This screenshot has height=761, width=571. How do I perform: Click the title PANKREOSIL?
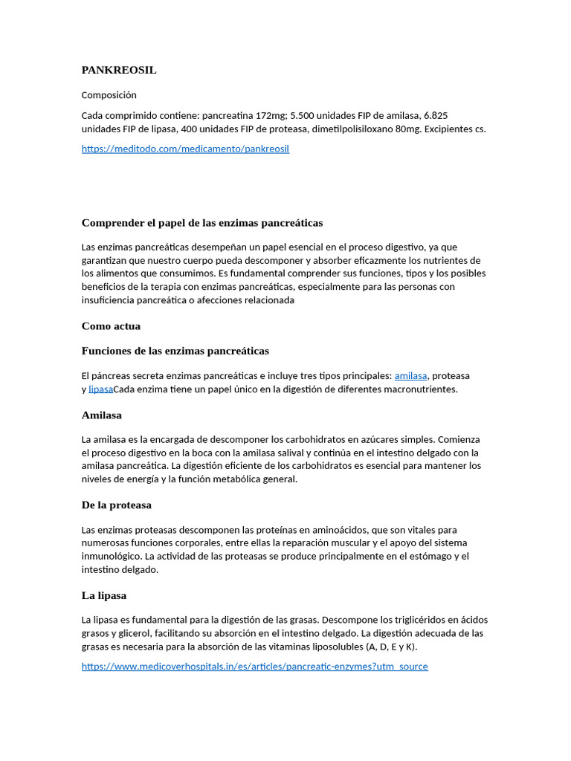pyautogui.click(x=119, y=71)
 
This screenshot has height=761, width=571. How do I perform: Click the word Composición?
pyautogui.click(x=109, y=95)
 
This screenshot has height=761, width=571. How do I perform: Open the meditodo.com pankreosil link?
pyautogui.click(x=185, y=149)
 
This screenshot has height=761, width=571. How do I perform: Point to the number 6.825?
pyautogui.click(x=435, y=115)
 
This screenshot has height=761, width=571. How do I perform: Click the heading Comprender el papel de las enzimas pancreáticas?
pyautogui.click(x=202, y=223)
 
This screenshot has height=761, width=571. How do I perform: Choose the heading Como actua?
pyautogui.click(x=111, y=326)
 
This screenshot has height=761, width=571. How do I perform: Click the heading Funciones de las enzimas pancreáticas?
pyautogui.click(x=175, y=351)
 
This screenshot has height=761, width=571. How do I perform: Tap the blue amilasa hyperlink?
pyautogui.click(x=410, y=376)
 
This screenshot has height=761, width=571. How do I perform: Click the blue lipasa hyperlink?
pyautogui.click(x=100, y=389)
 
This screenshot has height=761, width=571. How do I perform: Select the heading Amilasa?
pyautogui.click(x=102, y=415)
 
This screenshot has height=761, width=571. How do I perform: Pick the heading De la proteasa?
pyautogui.click(x=117, y=505)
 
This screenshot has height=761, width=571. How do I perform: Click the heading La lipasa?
pyautogui.click(x=104, y=595)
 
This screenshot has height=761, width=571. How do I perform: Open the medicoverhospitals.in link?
pyautogui.click(x=254, y=667)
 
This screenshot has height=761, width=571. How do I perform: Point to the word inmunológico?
pyautogui.click(x=112, y=557)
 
